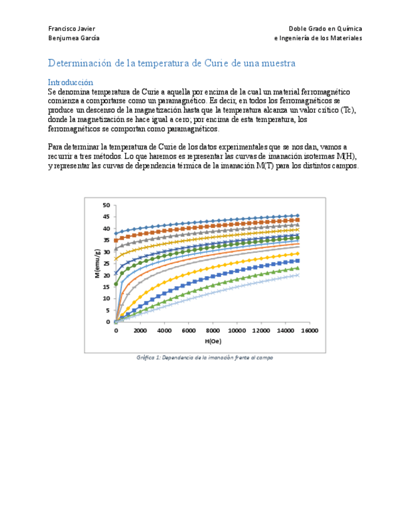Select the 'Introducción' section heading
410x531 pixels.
click(71, 82)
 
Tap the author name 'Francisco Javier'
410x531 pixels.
click(72, 28)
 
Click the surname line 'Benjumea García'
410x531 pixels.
click(74, 38)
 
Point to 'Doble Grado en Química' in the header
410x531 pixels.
click(325, 28)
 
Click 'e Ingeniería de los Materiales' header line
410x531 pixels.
click(318, 38)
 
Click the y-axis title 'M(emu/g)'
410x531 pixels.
click(97, 263)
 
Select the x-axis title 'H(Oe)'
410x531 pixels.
click(213, 341)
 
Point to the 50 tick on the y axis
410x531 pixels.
click(106, 205)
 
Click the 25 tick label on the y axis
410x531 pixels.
click(106, 264)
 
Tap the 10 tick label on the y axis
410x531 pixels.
click(106, 299)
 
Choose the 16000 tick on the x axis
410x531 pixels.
click(309, 331)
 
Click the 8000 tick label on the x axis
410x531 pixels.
click(212, 331)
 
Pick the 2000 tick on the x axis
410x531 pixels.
click(140, 331)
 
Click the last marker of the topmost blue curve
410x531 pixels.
click(297, 215)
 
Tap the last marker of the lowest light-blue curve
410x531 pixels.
click(297, 275)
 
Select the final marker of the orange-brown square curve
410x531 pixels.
click(297, 220)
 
